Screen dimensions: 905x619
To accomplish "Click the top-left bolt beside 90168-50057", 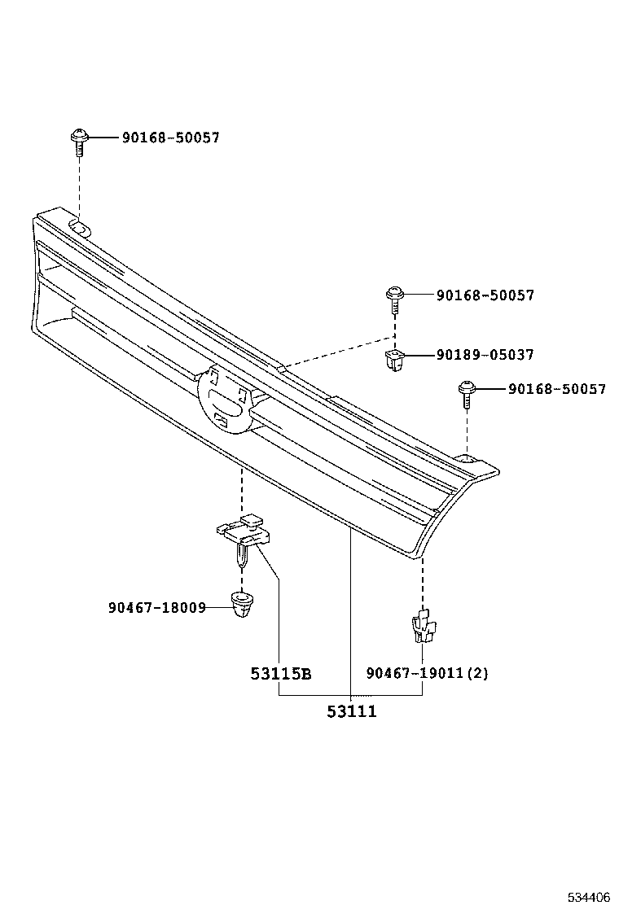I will [79, 142].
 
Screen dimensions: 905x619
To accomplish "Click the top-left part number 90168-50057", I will [170, 138].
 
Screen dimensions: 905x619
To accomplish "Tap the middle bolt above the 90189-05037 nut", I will [394, 299].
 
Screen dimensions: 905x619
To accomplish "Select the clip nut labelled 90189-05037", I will [394, 359].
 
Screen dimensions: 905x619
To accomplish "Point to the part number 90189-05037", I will [485, 355].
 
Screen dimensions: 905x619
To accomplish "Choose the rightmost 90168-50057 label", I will [556, 390].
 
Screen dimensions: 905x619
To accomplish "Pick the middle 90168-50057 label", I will [485, 295].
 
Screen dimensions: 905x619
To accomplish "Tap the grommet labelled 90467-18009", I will [242, 606].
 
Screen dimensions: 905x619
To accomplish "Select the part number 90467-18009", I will [156, 607].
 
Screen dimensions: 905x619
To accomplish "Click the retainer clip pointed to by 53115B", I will [244, 538].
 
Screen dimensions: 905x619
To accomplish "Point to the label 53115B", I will [281, 674].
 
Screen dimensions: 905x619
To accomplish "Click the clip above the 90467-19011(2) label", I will [422, 626].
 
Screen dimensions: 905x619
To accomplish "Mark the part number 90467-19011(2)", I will [427, 673].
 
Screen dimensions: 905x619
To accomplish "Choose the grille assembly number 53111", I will [352, 711].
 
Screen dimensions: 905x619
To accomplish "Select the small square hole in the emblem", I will [220, 420].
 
